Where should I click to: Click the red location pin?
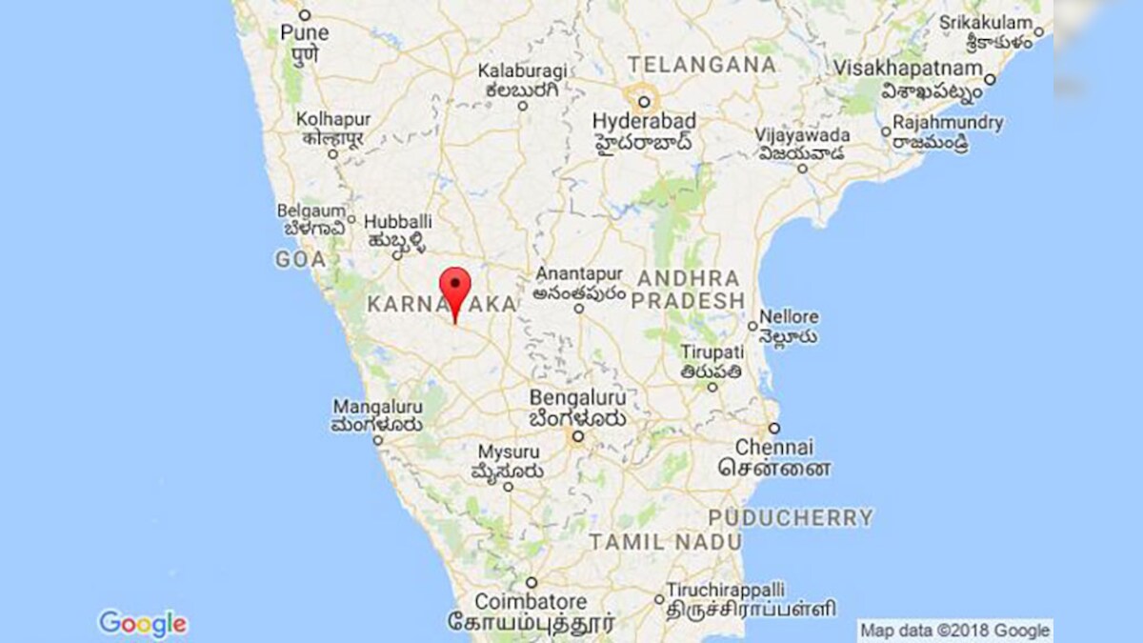(x=455, y=289)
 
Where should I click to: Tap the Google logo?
(x=143, y=624)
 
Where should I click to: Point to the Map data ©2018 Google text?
(x=954, y=631)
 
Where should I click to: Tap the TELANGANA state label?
(x=701, y=65)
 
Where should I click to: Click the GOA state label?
(x=300, y=259)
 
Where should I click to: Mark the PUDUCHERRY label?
(x=790, y=518)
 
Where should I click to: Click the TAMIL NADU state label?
(x=665, y=542)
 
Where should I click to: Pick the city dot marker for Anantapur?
(x=578, y=308)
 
